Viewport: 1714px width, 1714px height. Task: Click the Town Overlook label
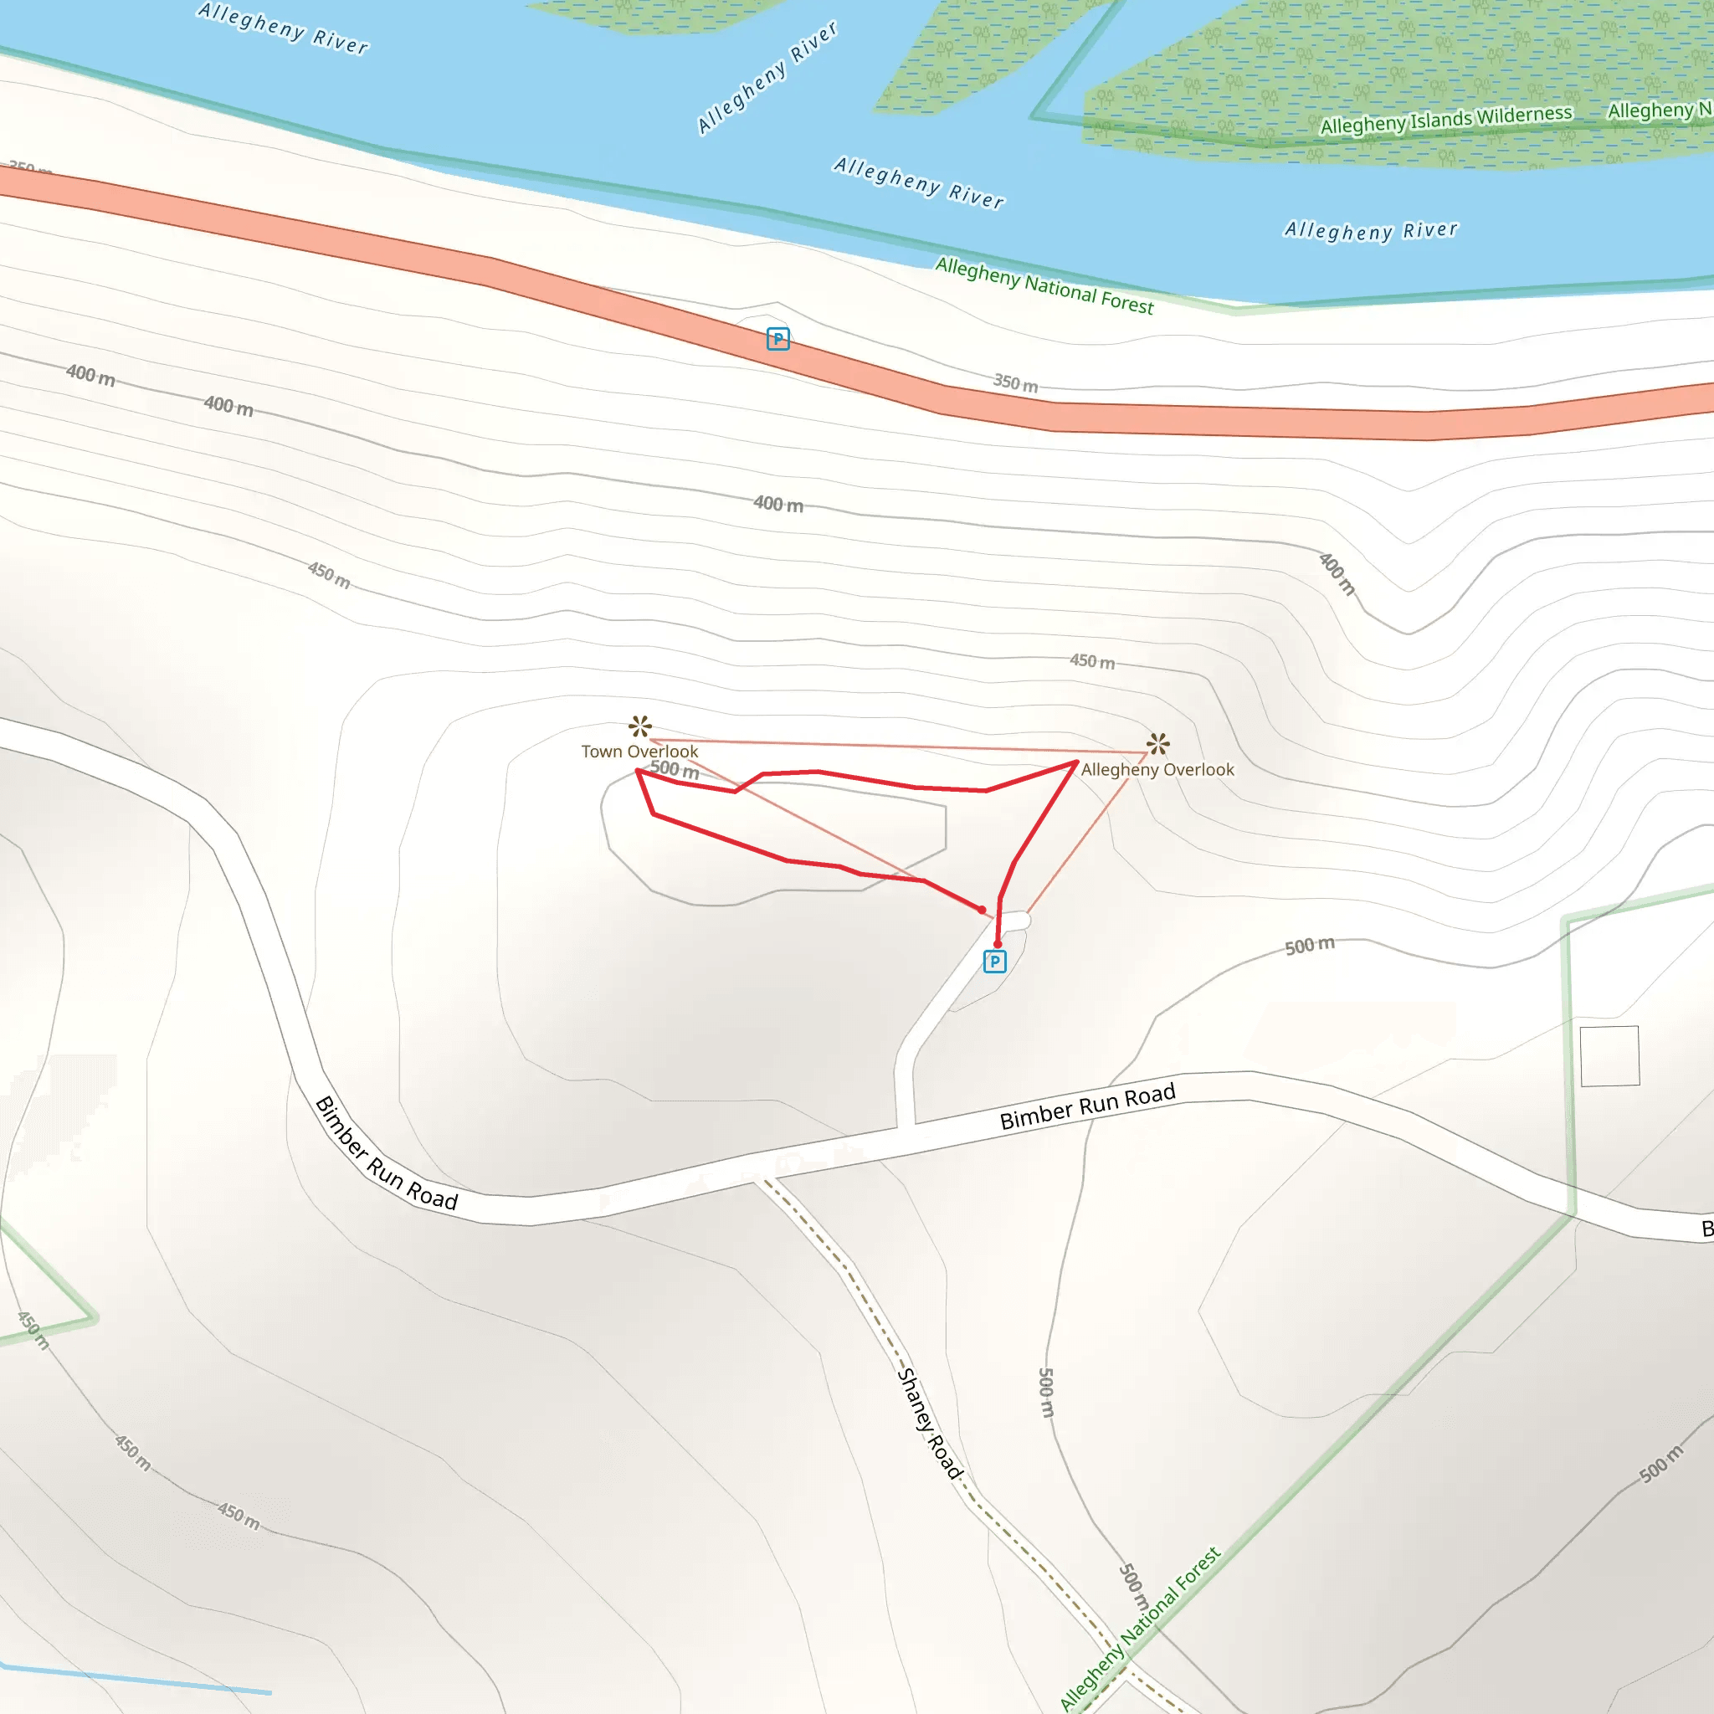click(x=639, y=752)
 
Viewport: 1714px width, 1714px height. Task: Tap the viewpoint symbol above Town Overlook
click(x=639, y=726)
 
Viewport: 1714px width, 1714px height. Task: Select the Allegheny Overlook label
click(x=1157, y=770)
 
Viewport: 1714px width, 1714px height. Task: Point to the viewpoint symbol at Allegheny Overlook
click(x=1157, y=743)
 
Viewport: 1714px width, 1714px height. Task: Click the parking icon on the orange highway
click(x=778, y=339)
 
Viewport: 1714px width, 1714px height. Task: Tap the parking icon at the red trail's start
click(x=994, y=962)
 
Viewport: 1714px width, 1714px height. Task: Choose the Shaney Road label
click(x=930, y=1423)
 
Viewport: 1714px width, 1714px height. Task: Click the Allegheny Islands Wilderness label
click(x=1446, y=119)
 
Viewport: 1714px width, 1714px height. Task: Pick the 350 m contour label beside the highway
click(x=1015, y=383)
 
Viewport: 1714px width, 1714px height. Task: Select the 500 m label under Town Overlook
click(x=675, y=769)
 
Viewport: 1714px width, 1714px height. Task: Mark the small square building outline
click(x=1609, y=1055)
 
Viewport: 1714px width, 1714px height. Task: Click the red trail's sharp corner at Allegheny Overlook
click(x=1077, y=762)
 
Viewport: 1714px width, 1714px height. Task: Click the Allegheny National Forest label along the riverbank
click(x=1044, y=285)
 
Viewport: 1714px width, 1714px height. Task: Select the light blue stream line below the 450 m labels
click(x=133, y=1679)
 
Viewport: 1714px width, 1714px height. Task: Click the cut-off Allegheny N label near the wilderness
click(x=1659, y=110)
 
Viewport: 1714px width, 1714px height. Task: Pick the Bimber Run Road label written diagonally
click(x=386, y=1154)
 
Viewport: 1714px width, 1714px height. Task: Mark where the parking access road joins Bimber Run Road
click(x=905, y=1128)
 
